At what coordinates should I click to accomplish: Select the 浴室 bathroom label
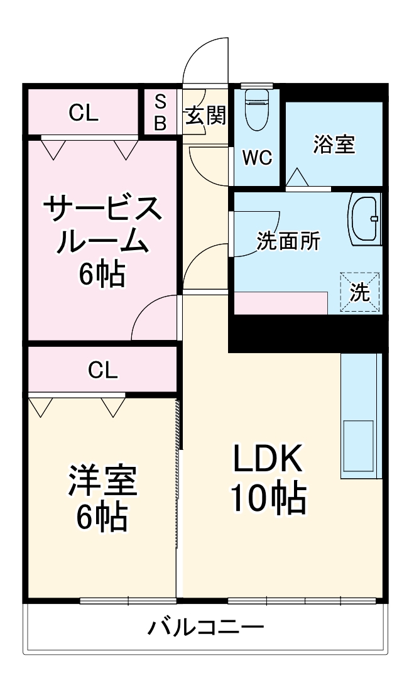334,144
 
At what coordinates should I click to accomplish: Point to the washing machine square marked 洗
360,292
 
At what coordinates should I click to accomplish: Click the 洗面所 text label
288,241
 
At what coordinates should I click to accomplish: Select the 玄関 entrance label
205,115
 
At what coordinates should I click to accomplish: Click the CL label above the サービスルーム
84,113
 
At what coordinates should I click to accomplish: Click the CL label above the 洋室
102,371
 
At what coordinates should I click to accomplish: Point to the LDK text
268,460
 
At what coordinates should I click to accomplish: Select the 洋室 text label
102,481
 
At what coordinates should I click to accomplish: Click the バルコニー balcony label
205,627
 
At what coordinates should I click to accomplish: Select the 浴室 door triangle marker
297,178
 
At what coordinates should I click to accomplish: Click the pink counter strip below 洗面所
280,303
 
